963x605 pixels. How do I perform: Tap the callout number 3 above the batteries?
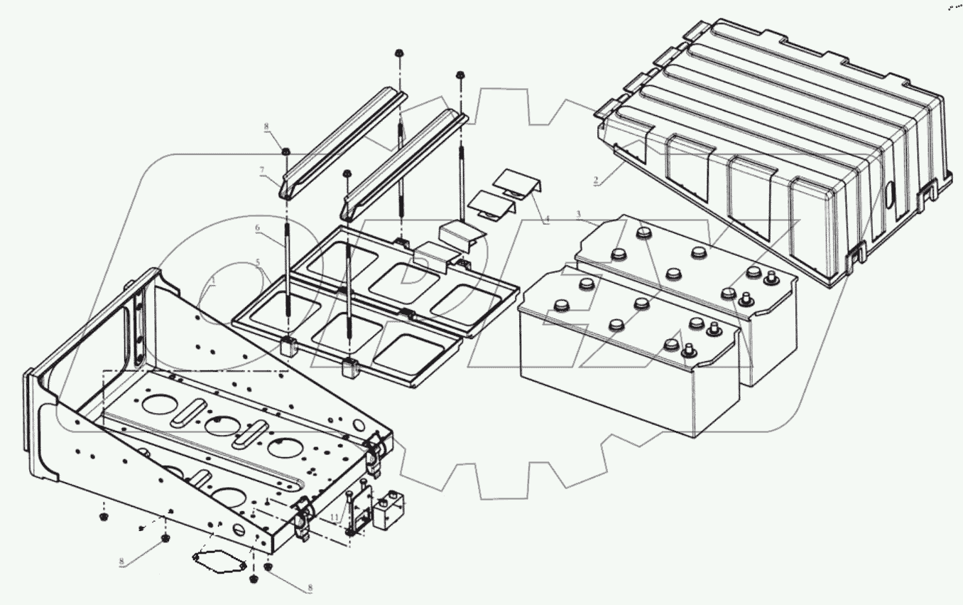coord(579,214)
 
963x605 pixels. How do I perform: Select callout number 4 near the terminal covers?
coord(547,221)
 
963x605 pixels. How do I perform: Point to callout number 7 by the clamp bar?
coord(262,170)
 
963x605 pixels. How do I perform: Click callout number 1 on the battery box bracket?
coord(211,282)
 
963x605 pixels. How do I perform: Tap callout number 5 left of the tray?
coord(259,264)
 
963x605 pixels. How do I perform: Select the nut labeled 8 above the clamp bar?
coord(286,151)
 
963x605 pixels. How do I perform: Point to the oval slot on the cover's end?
coord(889,195)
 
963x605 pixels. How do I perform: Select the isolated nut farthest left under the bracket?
coord(104,516)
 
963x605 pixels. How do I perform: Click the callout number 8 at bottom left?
coord(121,562)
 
